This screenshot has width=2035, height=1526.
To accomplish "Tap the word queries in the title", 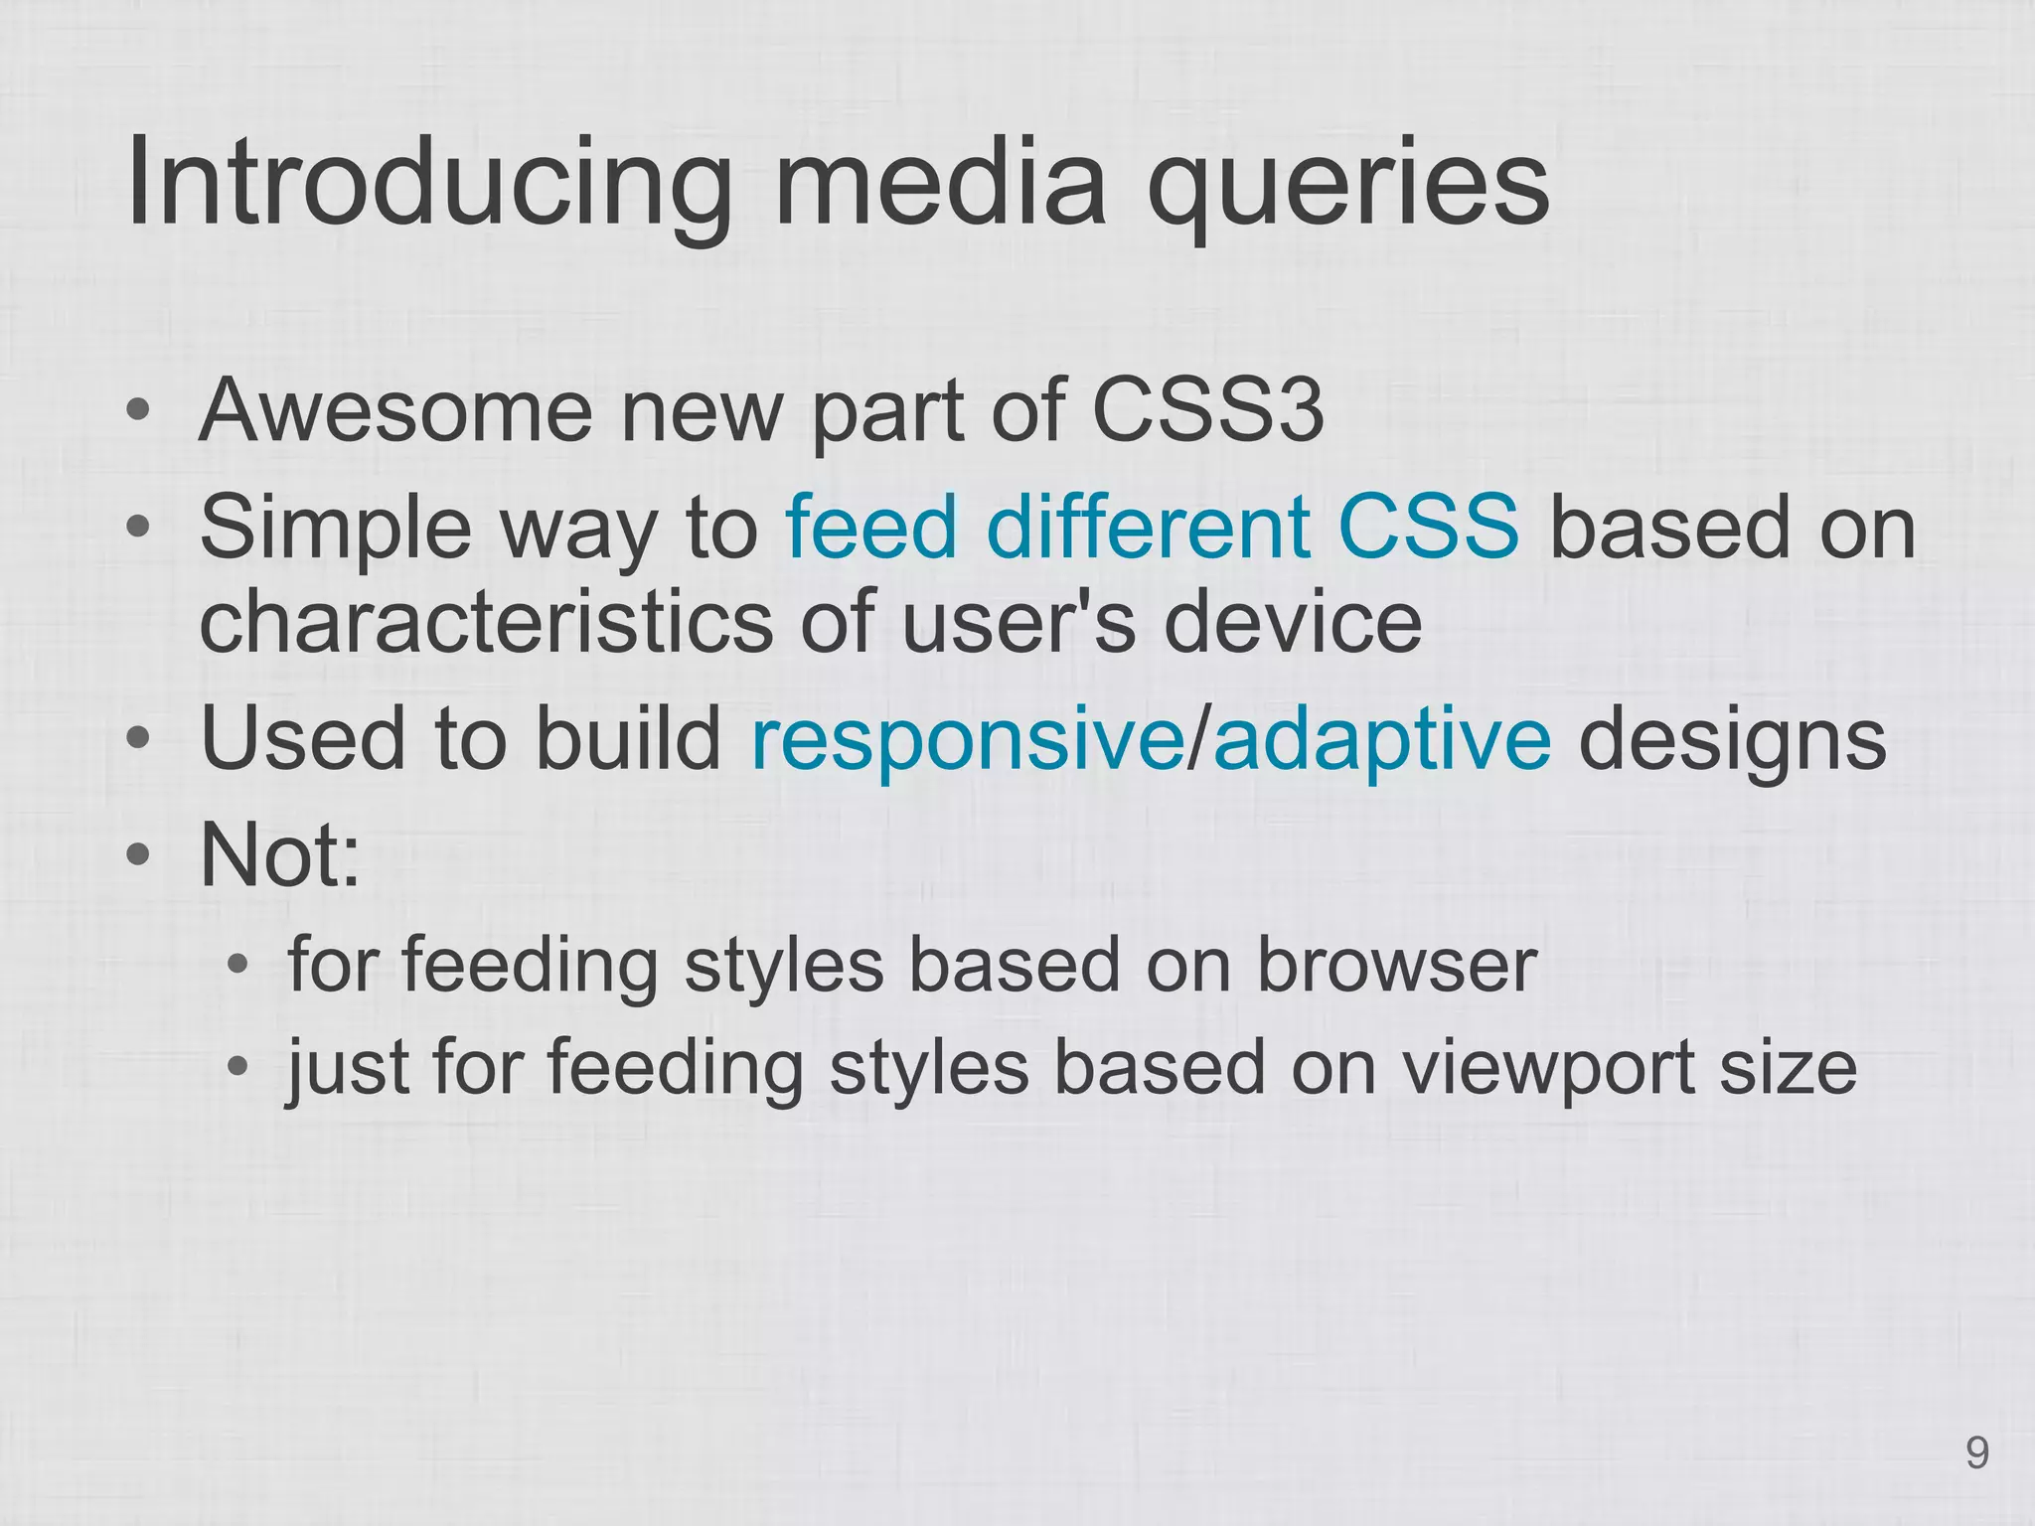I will tap(1347, 189).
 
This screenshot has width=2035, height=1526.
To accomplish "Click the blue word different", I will tap(1147, 528).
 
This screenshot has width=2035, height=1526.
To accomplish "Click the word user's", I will tap(1018, 621).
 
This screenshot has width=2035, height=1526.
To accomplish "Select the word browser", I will tap(1397, 965).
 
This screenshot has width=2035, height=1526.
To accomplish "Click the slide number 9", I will tap(1976, 1454).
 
